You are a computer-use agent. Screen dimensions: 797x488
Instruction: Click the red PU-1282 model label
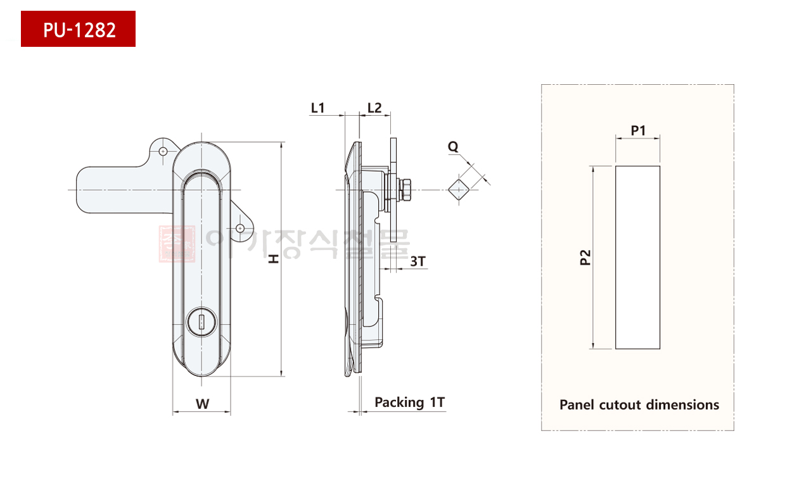[78, 28]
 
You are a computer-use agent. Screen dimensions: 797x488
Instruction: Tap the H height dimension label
[273, 259]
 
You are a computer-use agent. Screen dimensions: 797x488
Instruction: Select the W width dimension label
[203, 404]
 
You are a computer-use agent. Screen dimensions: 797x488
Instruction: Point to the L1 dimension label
[318, 108]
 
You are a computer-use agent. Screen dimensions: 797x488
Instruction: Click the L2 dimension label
[374, 108]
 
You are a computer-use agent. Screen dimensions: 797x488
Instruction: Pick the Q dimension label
[453, 146]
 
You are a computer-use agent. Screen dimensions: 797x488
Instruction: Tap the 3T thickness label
[418, 261]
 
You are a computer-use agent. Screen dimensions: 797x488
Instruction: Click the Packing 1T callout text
[409, 403]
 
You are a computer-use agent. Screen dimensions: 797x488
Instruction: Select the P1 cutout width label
[638, 130]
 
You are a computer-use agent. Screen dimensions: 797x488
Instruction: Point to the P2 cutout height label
[585, 258]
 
